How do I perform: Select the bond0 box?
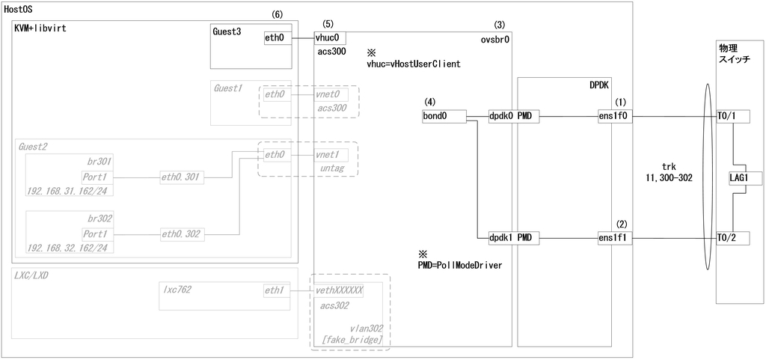[x=444, y=116]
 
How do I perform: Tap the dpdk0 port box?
[x=500, y=116]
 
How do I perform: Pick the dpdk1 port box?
[x=500, y=238]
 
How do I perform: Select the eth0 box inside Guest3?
[x=275, y=37]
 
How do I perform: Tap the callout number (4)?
[x=429, y=101]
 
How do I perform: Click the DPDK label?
[x=600, y=87]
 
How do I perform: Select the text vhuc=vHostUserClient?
[x=413, y=65]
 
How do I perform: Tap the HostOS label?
[x=19, y=7]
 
